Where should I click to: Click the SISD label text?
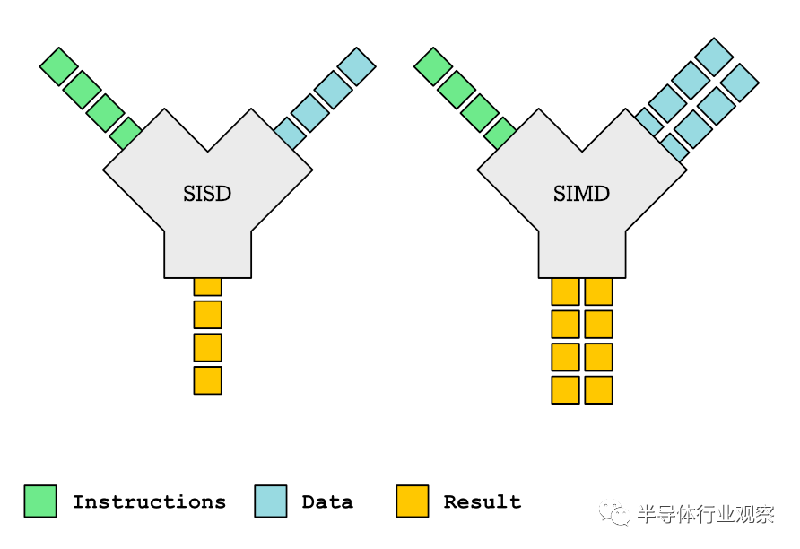pos(207,194)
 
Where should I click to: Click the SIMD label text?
pos(582,194)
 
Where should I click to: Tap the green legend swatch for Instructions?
pos(40,501)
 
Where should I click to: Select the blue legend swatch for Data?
pos(271,501)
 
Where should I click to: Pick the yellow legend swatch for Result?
pos(413,501)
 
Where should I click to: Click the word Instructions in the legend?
pos(149,502)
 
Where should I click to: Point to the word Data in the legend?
pos(327,502)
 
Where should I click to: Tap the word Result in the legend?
pos(483,502)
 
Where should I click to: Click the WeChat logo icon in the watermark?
pos(614,512)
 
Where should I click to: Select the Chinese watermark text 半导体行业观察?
pos(706,514)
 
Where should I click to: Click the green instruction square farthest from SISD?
pos(58,66)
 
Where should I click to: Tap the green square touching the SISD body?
pos(126,133)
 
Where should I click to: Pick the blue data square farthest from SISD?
pos(357,66)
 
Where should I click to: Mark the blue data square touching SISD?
pos(290,133)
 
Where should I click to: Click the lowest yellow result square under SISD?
pos(208,380)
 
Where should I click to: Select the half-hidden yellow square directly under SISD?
pos(208,287)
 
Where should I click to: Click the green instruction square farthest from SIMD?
pos(433,66)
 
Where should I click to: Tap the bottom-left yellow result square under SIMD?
pos(565,390)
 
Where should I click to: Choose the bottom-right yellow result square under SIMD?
pos(598,390)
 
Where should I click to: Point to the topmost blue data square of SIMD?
pos(714,57)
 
